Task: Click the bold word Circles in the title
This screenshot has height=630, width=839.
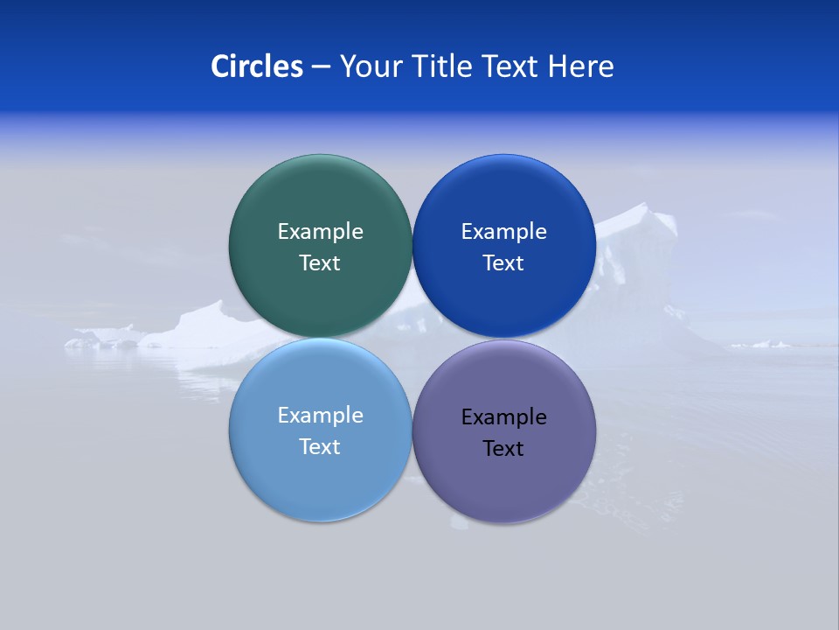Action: (x=257, y=66)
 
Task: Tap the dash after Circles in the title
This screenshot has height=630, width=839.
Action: (x=321, y=67)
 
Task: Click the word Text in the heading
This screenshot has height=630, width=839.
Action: (x=511, y=66)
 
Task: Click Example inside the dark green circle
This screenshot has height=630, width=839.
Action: (x=320, y=232)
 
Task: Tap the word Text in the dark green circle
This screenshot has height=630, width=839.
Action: (x=320, y=263)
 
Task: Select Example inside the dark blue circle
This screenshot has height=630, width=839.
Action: (x=503, y=232)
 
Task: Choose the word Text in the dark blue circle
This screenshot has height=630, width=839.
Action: (x=503, y=263)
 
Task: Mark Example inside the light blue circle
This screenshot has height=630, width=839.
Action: (x=320, y=416)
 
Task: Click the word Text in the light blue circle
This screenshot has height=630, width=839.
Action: (x=320, y=447)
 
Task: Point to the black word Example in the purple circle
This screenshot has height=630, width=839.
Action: (x=503, y=417)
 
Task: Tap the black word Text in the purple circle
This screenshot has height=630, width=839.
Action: (x=503, y=449)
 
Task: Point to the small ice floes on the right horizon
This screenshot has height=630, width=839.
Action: (x=760, y=344)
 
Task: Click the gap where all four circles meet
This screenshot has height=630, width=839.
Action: (x=413, y=339)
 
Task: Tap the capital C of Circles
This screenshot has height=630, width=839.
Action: (x=220, y=66)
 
